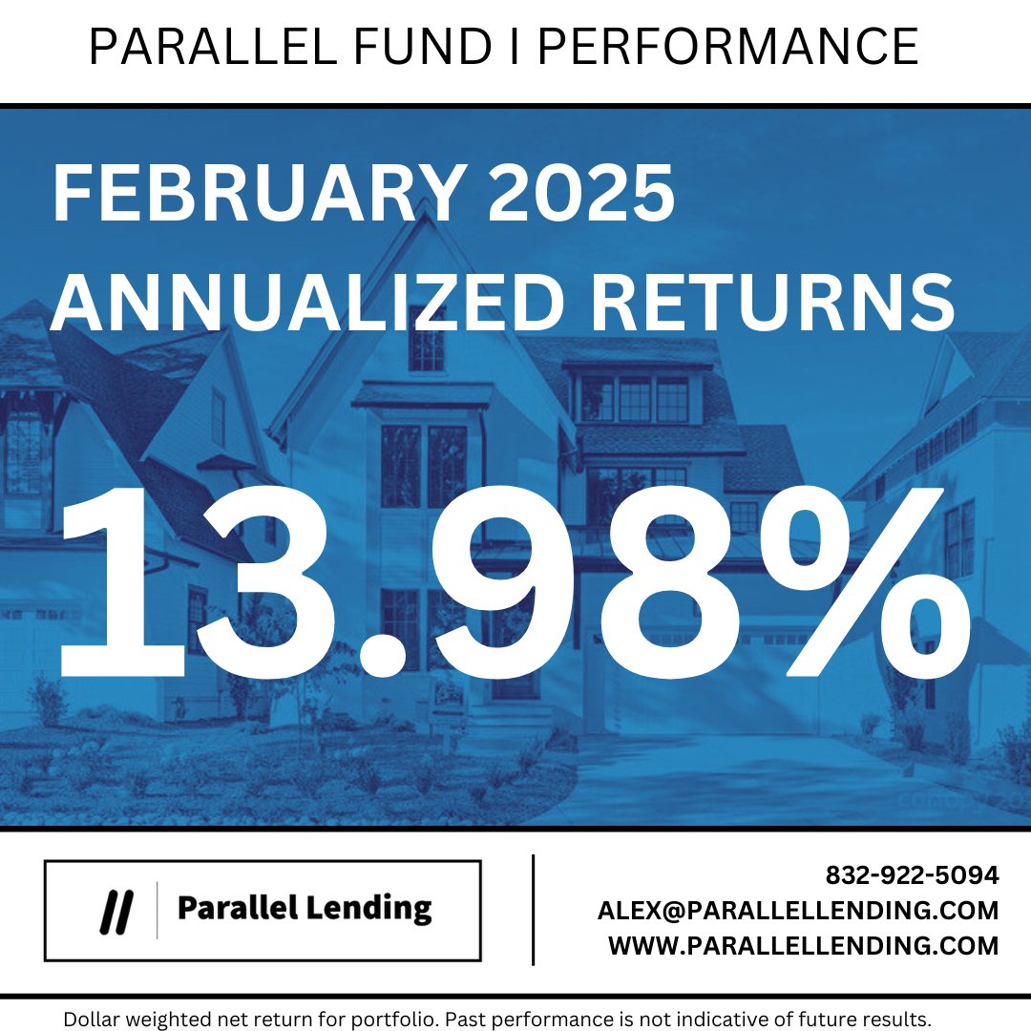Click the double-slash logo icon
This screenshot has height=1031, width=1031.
click(116, 910)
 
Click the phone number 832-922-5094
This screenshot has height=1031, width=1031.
click(912, 874)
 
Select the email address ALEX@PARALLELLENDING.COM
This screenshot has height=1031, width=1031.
click(798, 910)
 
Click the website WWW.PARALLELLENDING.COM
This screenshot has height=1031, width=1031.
click(803, 945)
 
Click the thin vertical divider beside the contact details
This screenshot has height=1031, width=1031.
click(533, 910)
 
